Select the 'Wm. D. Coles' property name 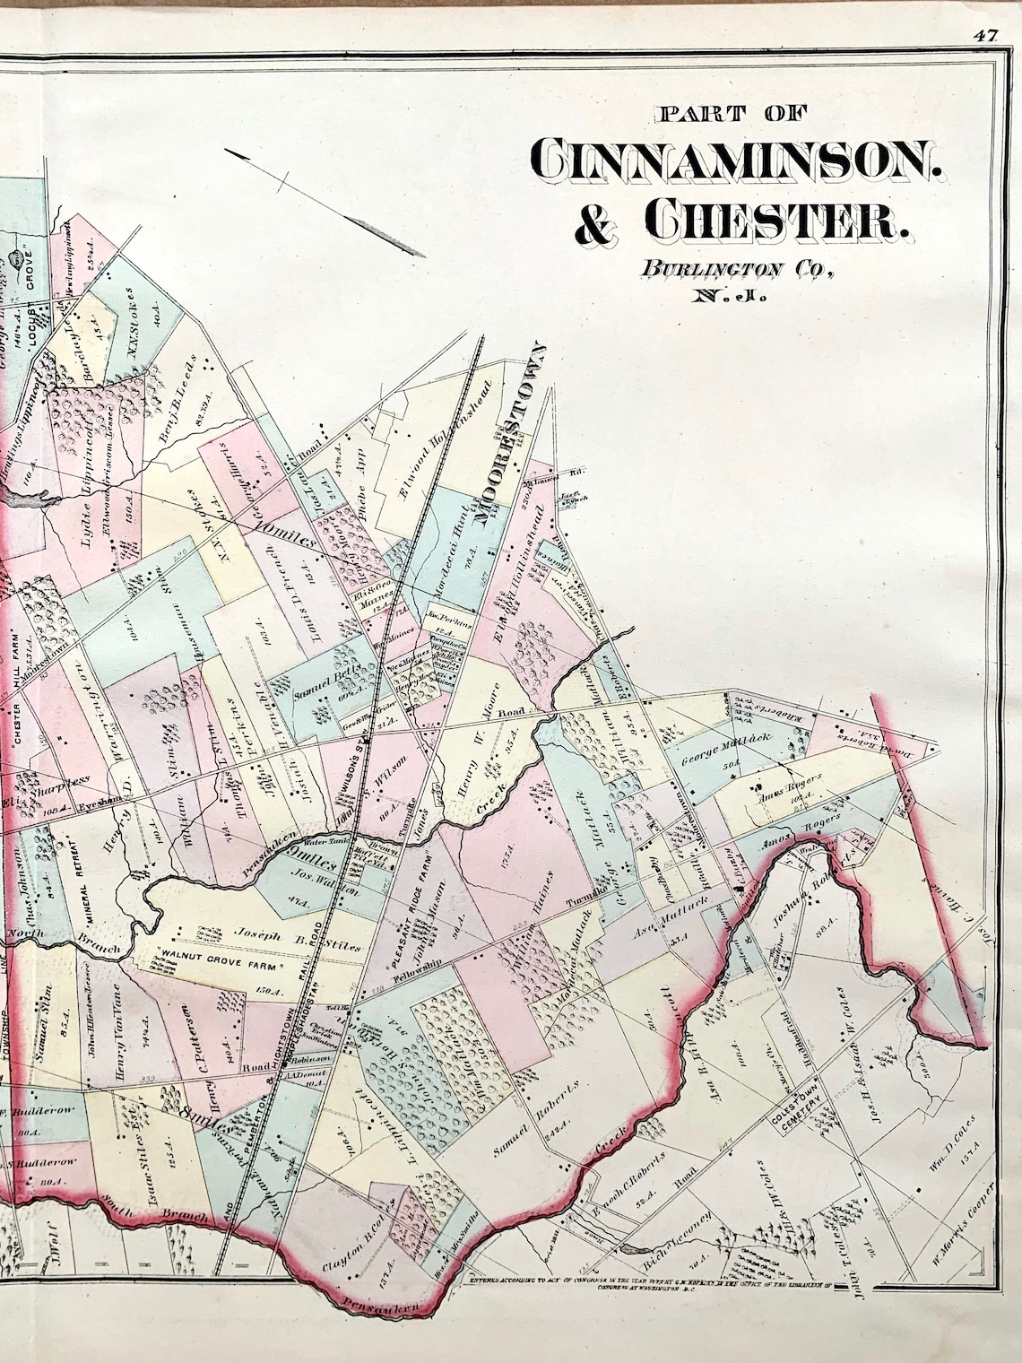click(x=947, y=1133)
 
